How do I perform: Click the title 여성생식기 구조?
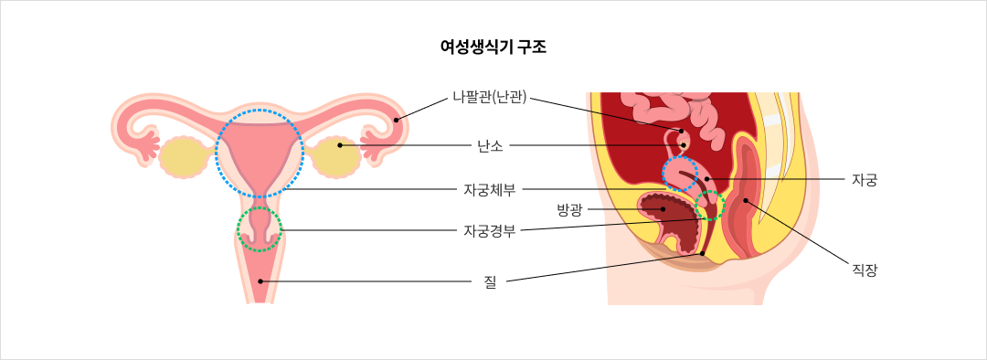tap(493, 47)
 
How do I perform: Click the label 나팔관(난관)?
tap(490, 98)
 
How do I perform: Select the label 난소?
tap(490, 144)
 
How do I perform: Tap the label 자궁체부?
tap(490, 189)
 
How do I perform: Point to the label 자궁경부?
tap(490, 230)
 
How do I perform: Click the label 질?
tap(490, 281)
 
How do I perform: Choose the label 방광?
tap(569, 209)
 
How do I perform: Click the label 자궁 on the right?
tap(864, 179)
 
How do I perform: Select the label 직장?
tap(864, 270)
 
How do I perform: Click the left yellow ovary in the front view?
tap(183, 157)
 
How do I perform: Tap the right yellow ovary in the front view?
tap(336, 157)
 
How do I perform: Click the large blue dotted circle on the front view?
tap(260, 153)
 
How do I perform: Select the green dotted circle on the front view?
tap(260, 228)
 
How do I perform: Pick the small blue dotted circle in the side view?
tap(679, 174)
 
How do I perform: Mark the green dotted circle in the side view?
tap(709, 206)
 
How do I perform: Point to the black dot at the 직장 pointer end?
tap(746, 198)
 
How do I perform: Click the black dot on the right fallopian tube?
tap(396, 120)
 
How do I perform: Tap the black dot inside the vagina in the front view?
tap(260, 281)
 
